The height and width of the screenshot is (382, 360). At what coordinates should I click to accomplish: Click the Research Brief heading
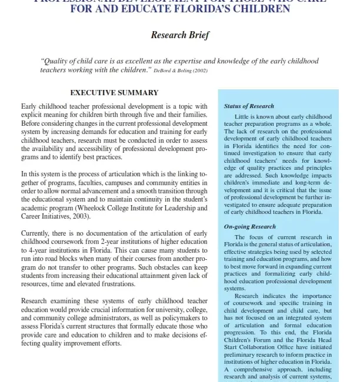click(x=179, y=35)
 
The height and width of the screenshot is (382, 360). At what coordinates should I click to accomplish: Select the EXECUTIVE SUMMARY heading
click(x=114, y=92)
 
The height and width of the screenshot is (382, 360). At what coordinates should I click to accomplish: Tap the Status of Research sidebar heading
click(x=249, y=106)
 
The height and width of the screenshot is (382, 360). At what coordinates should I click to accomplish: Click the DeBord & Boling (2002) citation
click(x=181, y=71)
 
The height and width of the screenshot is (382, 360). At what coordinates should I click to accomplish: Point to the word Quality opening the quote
click(x=56, y=61)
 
